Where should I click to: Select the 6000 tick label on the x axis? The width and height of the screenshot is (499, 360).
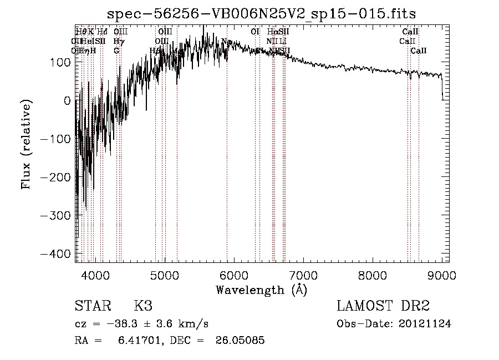pos(234,275)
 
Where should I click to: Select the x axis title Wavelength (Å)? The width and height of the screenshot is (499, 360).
pos(261,290)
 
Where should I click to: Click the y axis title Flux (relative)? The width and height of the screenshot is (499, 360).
pos(26,145)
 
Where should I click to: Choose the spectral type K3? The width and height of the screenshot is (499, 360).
pos(143,306)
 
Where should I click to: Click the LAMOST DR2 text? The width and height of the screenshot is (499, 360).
pos(383,306)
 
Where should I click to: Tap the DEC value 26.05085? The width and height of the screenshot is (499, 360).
pos(239,341)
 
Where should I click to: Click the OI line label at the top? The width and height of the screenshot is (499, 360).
pos(255,32)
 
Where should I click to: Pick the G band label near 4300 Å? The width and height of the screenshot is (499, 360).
pos(116,50)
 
